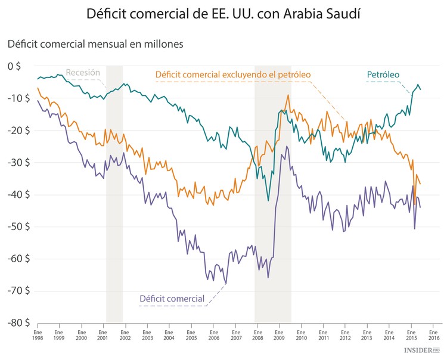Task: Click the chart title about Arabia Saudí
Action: [x=223, y=13]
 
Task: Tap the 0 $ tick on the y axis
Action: [x=13, y=66]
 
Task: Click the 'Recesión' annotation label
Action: [x=83, y=73]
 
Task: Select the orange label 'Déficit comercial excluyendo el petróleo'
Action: [x=233, y=75]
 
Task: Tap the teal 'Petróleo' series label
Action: [x=383, y=75]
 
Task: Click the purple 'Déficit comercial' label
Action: [x=172, y=298]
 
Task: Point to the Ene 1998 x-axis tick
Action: [x=38, y=334]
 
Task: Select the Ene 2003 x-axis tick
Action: [x=147, y=334]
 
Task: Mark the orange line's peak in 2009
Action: [x=288, y=95]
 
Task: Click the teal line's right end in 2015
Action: [x=421, y=89]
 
